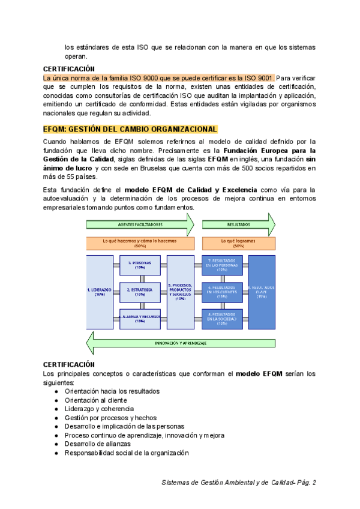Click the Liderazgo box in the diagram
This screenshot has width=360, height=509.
point(100,292)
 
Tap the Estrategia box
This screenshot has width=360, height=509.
point(140,292)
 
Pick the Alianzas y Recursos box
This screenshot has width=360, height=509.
point(140,318)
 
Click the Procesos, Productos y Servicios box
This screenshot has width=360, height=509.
point(180,292)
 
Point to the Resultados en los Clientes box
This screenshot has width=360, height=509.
point(221,292)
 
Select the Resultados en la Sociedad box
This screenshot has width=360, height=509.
point(221,318)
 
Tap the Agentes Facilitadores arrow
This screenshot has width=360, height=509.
point(140,224)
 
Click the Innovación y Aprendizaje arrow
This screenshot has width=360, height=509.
point(180,343)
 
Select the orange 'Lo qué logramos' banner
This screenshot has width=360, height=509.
point(238,242)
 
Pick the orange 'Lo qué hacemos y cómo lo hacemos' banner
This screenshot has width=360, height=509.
point(140,242)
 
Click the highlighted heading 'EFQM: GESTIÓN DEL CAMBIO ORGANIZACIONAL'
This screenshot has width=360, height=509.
point(130,129)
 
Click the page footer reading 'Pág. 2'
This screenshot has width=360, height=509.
point(305,482)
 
